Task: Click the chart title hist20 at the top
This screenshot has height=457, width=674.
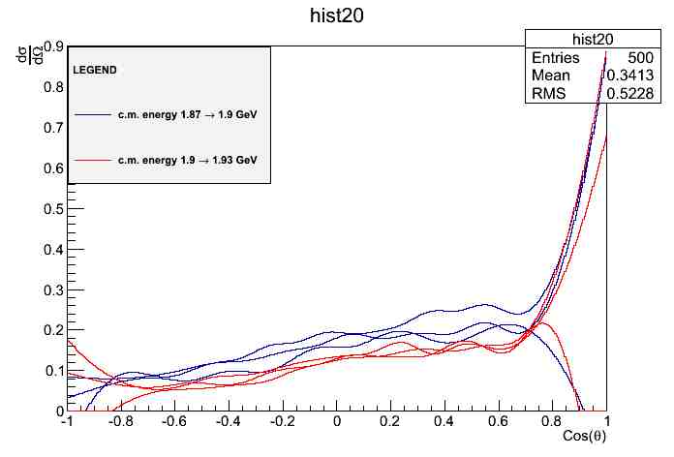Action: click(x=336, y=17)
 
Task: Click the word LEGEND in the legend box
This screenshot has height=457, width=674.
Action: click(x=95, y=71)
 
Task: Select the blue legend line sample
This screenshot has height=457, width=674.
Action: click(x=91, y=114)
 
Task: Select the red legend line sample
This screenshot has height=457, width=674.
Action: click(x=91, y=159)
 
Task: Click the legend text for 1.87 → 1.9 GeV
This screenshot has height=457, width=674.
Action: click(x=187, y=114)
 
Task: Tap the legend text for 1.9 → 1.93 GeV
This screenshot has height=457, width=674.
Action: click(x=187, y=159)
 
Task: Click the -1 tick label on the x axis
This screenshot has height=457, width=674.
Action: click(x=66, y=422)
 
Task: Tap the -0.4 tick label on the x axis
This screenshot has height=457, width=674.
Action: click(x=228, y=422)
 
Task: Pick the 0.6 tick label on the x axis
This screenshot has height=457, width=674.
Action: click(x=499, y=422)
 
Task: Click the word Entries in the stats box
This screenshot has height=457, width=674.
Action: click(x=556, y=58)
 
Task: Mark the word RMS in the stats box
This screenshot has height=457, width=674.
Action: click(x=548, y=93)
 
